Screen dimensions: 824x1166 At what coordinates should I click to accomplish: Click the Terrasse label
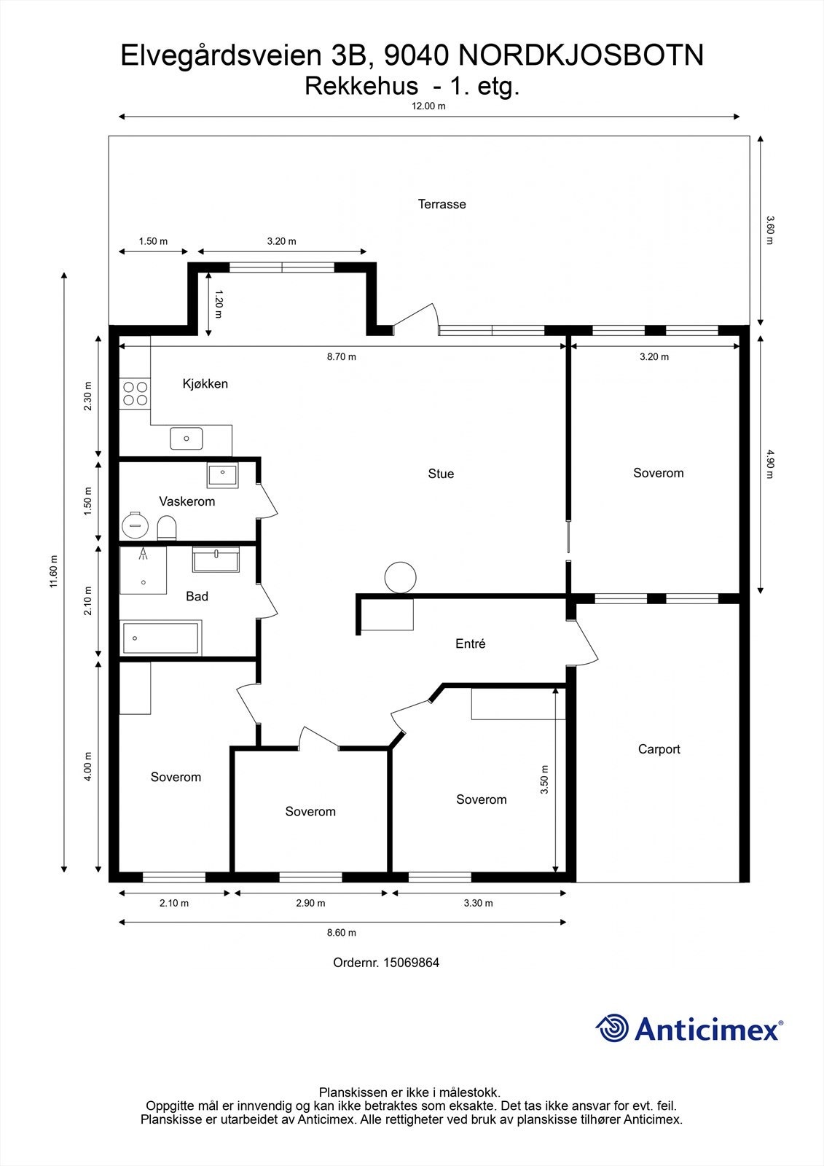pyautogui.click(x=442, y=204)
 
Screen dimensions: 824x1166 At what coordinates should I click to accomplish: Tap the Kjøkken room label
pyautogui.click(x=205, y=383)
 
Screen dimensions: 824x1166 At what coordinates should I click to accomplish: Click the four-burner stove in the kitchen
pyautogui.click(x=135, y=394)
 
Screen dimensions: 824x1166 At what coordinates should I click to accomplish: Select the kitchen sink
pyautogui.click(x=187, y=438)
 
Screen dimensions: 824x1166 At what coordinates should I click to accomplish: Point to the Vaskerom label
pyautogui.click(x=187, y=501)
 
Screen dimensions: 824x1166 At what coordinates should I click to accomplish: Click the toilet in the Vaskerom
pyautogui.click(x=167, y=528)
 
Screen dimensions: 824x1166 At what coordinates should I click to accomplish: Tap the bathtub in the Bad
pyautogui.click(x=161, y=638)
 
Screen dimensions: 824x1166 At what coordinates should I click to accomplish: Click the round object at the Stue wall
pyautogui.click(x=400, y=577)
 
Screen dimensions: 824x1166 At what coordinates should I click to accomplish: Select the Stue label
pyautogui.click(x=441, y=474)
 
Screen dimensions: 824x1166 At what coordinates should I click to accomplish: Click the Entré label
pyautogui.click(x=471, y=644)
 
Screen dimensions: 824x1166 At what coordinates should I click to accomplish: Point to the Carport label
pyautogui.click(x=659, y=749)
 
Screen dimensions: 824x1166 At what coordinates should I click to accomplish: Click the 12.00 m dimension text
pyautogui.click(x=429, y=106)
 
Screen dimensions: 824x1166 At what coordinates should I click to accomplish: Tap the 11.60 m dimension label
pyautogui.click(x=53, y=571)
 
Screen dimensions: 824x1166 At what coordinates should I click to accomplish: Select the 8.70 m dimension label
pyautogui.click(x=342, y=356)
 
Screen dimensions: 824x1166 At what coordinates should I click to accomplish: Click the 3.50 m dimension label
pyautogui.click(x=544, y=779)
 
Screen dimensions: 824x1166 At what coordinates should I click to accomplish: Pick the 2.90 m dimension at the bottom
pyautogui.click(x=311, y=903)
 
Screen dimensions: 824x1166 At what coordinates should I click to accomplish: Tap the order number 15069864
pyautogui.click(x=411, y=963)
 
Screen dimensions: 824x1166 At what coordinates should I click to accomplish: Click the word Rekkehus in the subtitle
pyautogui.click(x=361, y=87)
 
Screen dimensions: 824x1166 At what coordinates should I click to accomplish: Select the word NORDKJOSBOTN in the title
pyautogui.click(x=581, y=55)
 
